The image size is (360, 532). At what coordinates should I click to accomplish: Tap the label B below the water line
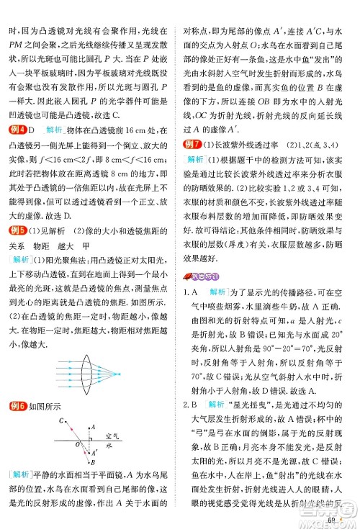click(94, 461)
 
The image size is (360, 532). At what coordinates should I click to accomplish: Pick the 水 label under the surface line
click(108, 447)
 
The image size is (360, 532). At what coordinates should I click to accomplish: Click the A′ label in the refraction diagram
click(94, 453)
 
